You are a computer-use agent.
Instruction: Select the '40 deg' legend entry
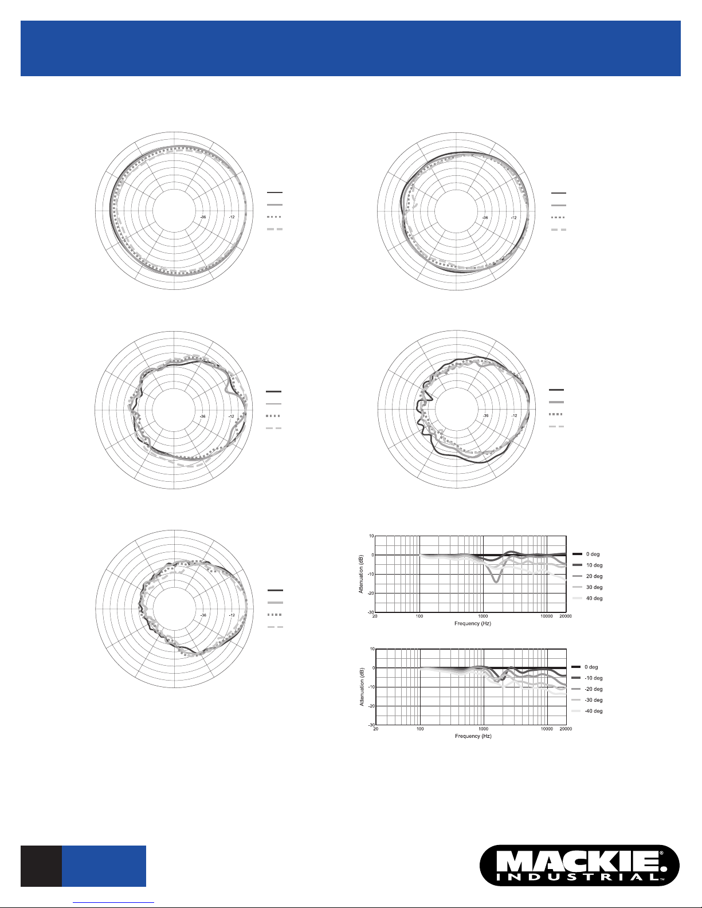(x=594, y=599)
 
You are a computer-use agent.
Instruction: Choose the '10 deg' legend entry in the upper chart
(x=594, y=565)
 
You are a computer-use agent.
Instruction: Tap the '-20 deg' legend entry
(x=593, y=689)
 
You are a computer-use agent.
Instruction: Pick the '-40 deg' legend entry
(x=593, y=711)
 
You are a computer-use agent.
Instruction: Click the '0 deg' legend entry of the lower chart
(x=591, y=667)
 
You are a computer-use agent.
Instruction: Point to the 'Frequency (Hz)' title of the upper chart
(x=473, y=623)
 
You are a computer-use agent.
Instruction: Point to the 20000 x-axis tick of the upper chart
(x=566, y=616)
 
